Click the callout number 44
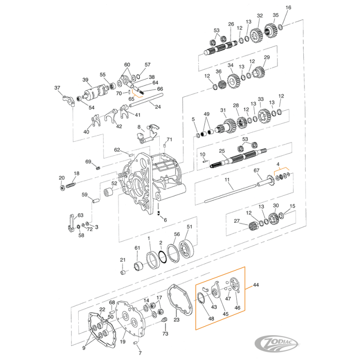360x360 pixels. pyautogui.click(x=256, y=285)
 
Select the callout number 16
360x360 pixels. pyautogui.click(x=288, y=8)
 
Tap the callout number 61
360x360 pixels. pyautogui.click(x=137, y=248)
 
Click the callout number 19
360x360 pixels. pyautogui.click(x=122, y=342)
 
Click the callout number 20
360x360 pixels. pyautogui.click(x=62, y=178)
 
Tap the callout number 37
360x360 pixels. pyautogui.click(x=57, y=88)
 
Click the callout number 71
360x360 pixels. pyautogui.click(x=169, y=139)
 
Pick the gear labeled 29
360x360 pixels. pyautogui.click(x=259, y=72)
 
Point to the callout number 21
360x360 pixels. pyautogui.click(x=122, y=260)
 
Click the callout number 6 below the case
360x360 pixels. pyautogui.click(x=165, y=220)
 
